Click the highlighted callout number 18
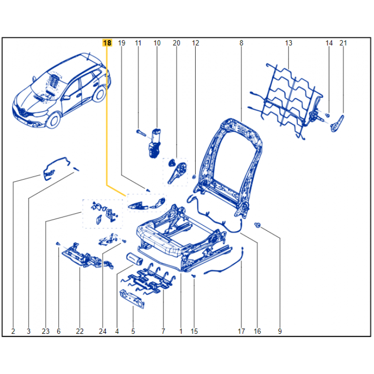[107, 43]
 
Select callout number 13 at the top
[289, 43]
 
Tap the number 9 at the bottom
[280, 331]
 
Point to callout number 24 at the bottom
[102, 331]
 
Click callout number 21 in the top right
[343, 43]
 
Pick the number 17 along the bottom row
[241, 331]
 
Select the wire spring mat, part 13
[286, 100]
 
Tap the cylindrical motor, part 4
[134, 259]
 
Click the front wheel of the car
[53, 120]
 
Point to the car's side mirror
[67, 97]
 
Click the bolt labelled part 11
[141, 133]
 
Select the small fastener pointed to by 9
[257, 225]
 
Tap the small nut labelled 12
[194, 177]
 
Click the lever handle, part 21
[337, 123]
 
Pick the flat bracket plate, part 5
[132, 299]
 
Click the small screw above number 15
[194, 276]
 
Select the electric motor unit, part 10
[155, 143]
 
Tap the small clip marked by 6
[58, 244]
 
